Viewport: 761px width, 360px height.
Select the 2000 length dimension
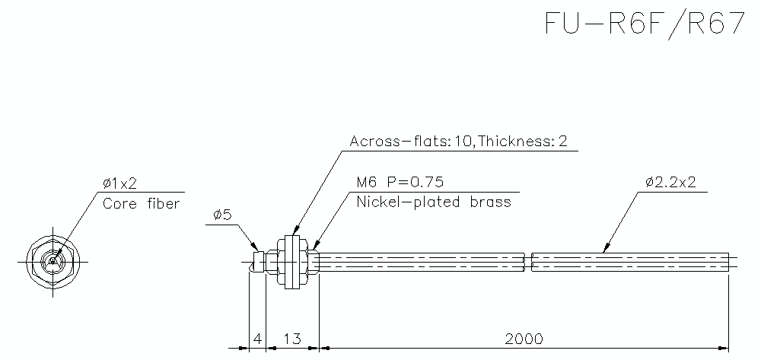point(524,339)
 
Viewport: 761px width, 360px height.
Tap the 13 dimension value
point(291,339)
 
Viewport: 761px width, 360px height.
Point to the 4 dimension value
point(257,339)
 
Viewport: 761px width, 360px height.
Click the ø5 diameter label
point(221,216)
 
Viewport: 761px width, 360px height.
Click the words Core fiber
point(141,203)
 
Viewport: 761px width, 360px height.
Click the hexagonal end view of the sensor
point(52,261)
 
